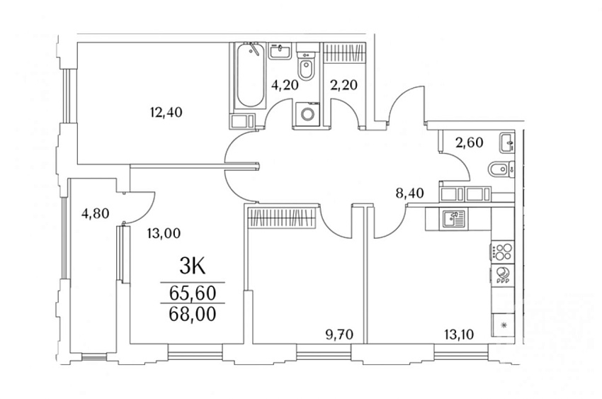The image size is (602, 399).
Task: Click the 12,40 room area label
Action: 166,113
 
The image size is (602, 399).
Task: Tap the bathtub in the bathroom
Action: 251,76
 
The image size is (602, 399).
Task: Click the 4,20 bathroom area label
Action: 285,84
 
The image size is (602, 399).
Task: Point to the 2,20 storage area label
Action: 344,84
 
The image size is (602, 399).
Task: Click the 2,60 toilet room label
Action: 469,142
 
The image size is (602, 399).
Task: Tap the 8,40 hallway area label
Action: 409,193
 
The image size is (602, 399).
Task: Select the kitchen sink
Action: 454,219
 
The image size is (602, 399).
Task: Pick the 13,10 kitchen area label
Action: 459,335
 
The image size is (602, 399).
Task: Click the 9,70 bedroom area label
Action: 339,335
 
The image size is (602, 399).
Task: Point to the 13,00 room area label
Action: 164,232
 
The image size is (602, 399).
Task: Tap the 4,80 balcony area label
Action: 95,213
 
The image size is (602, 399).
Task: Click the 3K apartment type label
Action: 193,266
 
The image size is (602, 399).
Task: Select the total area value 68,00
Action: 193,314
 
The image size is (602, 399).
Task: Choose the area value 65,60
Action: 193,293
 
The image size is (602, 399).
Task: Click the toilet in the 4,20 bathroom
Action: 307,68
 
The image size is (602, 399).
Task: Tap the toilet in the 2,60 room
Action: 499,169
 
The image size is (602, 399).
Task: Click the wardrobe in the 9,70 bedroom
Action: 282,218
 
